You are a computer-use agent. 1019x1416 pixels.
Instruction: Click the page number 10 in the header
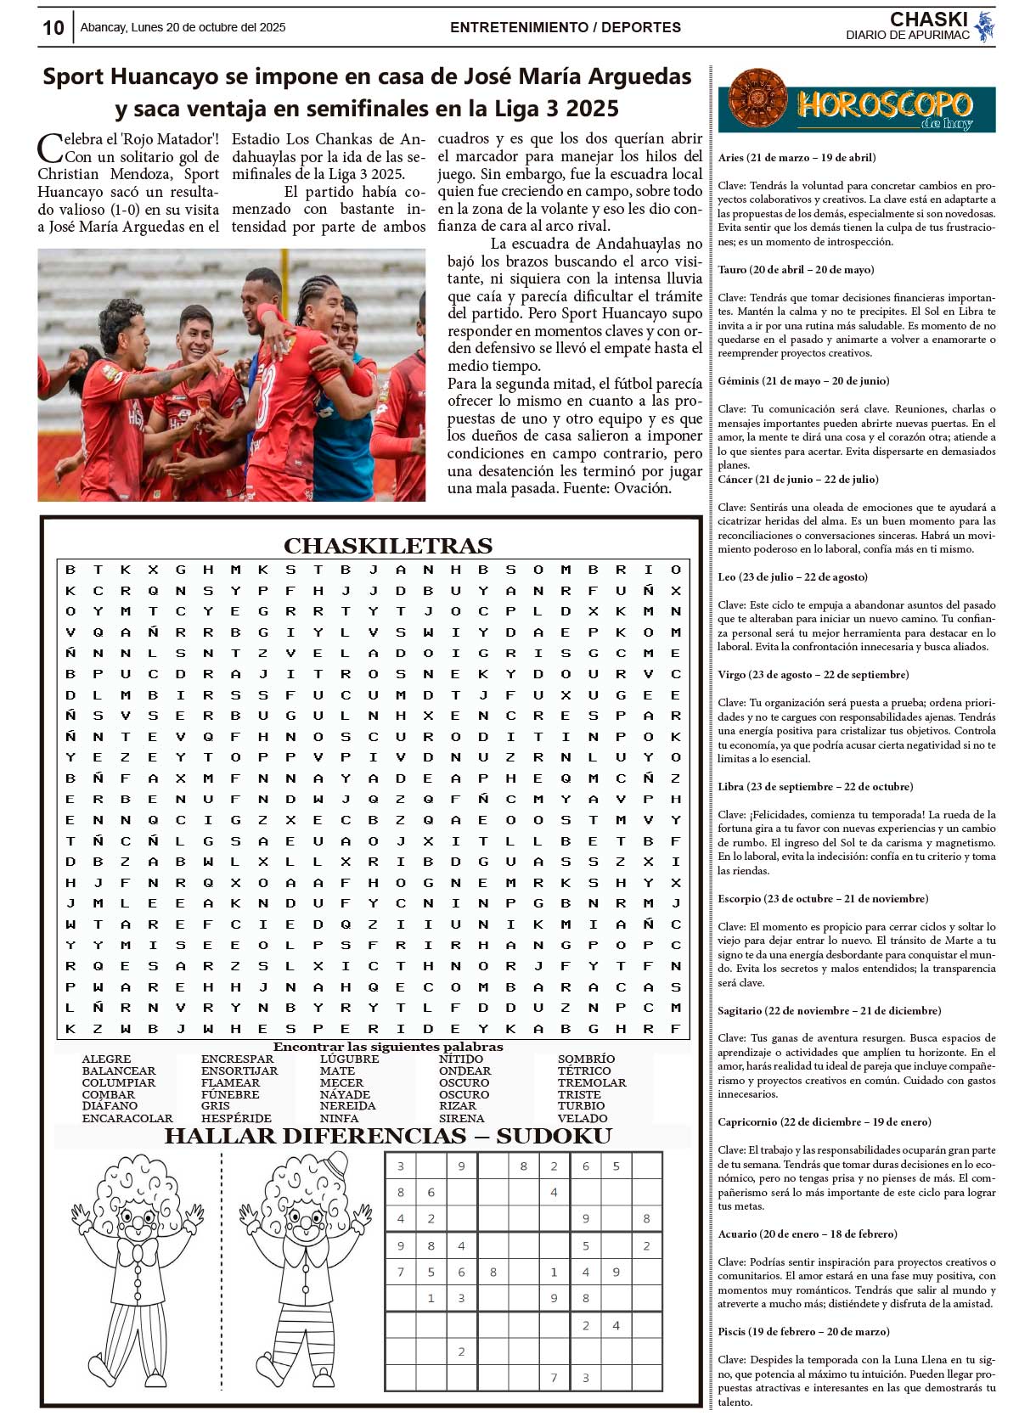point(53,28)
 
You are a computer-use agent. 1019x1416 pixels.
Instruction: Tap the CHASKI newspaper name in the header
point(928,20)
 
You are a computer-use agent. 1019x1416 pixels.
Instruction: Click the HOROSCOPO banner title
point(884,105)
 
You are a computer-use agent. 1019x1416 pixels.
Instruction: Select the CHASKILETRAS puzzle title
point(388,545)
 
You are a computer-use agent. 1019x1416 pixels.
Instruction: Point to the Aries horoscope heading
point(797,157)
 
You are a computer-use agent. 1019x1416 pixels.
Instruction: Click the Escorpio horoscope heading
point(823,898)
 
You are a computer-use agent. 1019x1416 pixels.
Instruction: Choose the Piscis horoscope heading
point(803,1331)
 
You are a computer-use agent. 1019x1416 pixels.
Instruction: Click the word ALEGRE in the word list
point(106,1059)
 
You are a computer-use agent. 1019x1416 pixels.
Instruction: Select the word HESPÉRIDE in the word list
point(236,1118)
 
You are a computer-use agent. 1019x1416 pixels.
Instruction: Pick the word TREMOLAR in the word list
point(592,1082)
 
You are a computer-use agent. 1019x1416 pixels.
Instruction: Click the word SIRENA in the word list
point(461,1118)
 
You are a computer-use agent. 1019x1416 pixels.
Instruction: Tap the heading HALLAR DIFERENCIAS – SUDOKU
point(388,1136)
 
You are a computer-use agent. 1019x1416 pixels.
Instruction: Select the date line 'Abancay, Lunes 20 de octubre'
point(183,27)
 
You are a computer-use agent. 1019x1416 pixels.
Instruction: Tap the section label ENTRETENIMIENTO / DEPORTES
point(565,27)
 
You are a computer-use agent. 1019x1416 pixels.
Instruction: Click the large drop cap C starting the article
point(50,148)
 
